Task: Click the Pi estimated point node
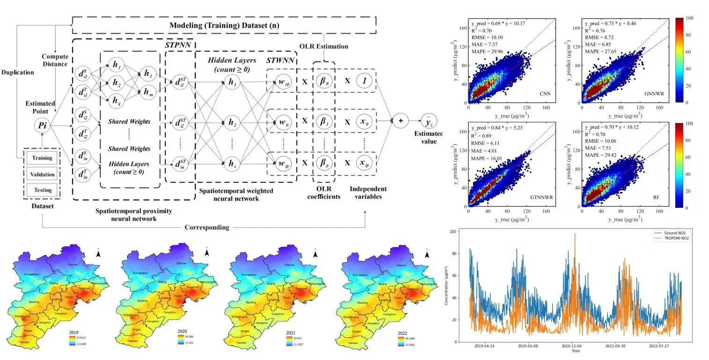point(42,125)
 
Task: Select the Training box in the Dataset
point(42,158)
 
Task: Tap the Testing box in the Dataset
point(42,190)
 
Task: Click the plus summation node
point(400,120)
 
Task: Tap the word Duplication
point(17,73)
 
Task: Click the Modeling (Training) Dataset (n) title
point(224,25)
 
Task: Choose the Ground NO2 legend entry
point(674,233)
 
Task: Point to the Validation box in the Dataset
point(42,174)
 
